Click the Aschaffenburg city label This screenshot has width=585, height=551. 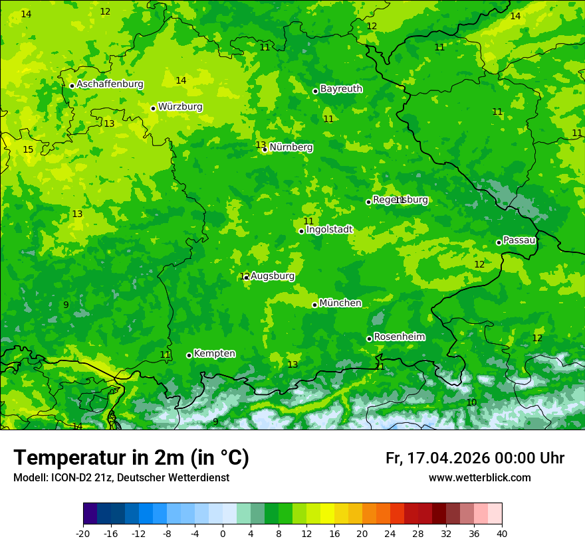point(110,84)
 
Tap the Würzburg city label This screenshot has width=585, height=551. point(180,107)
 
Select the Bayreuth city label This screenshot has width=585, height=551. point(341,89)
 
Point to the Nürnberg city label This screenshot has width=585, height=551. point(291,147)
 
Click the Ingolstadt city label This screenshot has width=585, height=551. point(329,230)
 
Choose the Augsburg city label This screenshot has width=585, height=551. point(273,276)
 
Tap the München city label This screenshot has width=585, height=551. point(340,303)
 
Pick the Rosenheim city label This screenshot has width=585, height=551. point(399,337)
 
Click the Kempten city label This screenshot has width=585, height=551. point(214,354)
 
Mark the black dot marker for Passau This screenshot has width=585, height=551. point(499,242)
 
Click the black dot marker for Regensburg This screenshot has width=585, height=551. point(368,202)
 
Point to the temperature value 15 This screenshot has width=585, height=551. point(28,150)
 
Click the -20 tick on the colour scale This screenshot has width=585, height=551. point(83,533)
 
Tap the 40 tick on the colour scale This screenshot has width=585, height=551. point(502,533)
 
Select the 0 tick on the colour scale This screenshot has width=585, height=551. point(223,533)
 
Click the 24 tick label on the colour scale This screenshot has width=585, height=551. point(390,533)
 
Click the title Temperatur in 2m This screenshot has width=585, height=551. point(131,458)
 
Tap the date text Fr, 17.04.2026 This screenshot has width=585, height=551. point(437,458)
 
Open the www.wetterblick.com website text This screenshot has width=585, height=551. point(479,478)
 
